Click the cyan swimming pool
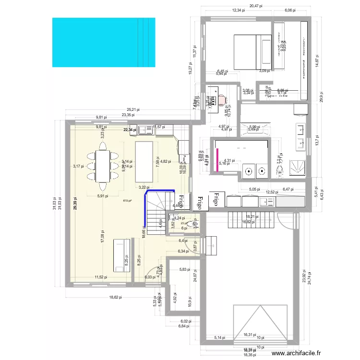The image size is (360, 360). pos(103,42)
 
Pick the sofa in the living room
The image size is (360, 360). pos(120,257)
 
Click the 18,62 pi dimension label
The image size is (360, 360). pos(115,298)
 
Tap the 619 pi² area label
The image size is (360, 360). pos(128,201)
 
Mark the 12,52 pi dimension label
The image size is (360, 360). pos(272,192)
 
